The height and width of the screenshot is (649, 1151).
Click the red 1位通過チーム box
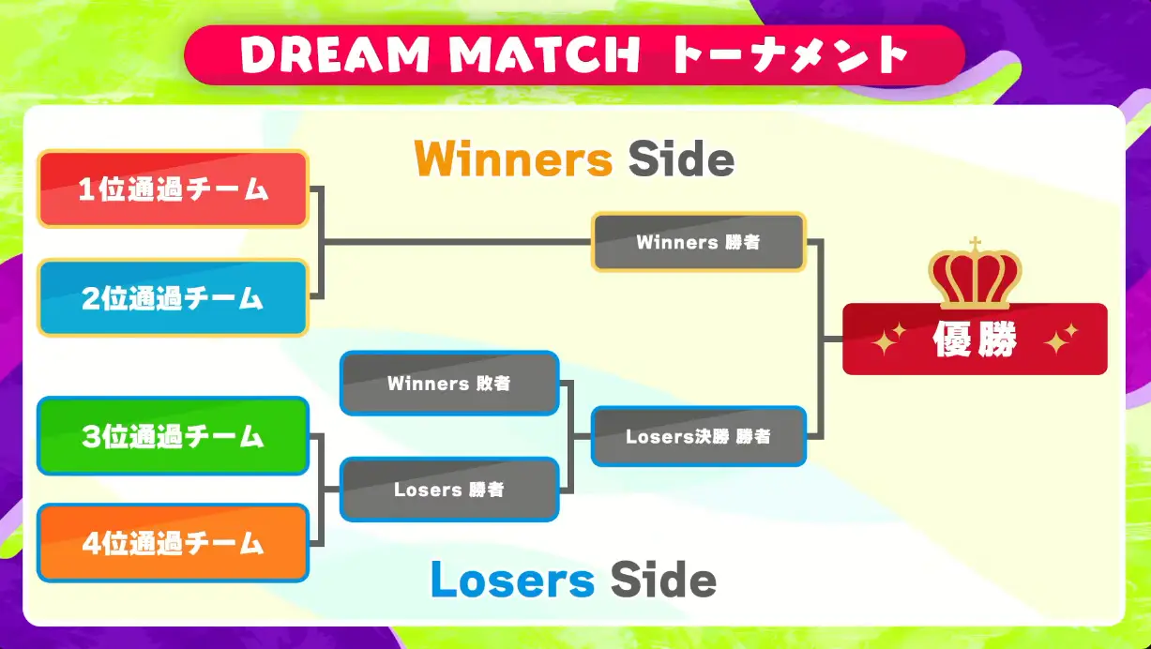(x=173, y=189)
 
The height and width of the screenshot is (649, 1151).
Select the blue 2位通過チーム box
(x=173, y=298)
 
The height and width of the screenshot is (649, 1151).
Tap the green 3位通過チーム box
(x=173, y=436)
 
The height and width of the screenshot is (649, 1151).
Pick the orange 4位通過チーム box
(x=173, y=543)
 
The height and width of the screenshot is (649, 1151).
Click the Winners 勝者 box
(x=698, y=242)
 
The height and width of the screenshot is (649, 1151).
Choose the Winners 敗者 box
(x=449, y=383)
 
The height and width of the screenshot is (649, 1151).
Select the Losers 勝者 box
(x=449, y=490)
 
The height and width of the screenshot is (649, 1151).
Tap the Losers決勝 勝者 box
(x=698, y=436)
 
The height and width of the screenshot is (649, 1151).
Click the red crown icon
(x=975, y=279)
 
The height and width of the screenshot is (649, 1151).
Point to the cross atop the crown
(x=975, y=245)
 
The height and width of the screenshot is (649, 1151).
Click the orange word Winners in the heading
(x=513, y=159)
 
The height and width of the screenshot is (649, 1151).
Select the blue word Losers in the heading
(x=512, y=580)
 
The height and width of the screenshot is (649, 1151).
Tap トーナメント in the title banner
(x=789, y=56)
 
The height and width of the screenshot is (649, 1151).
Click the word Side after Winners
(x=680, y=159)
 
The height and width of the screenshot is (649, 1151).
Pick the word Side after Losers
(x=662, y=580)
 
